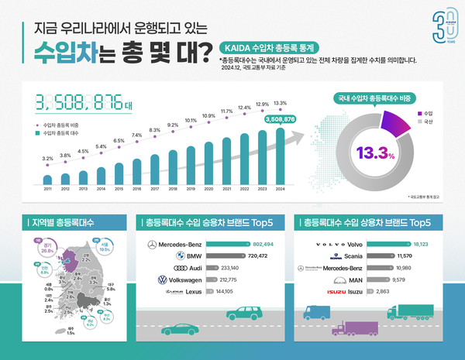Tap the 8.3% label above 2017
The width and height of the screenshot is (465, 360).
(154, 130)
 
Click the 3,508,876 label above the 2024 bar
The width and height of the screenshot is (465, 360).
(279, 119)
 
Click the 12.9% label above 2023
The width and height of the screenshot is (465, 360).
(262, 104)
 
